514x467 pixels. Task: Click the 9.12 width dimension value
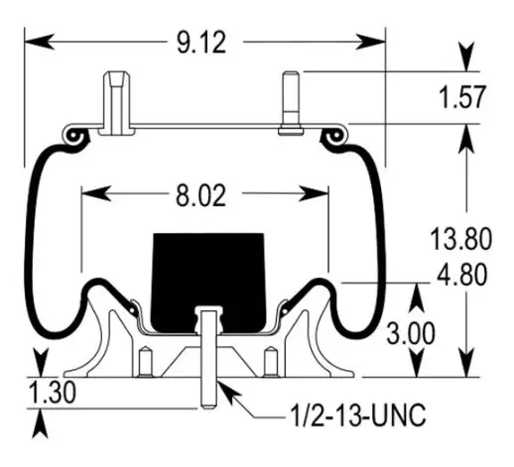pyautogui.click(x=201, y=43)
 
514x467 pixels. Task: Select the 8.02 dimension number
pyautogui.click(x=200, y=196)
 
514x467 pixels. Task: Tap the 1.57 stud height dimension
pyautogui.click(x=462, y=97)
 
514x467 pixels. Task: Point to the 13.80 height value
pyautogui.click(x=460, y=239)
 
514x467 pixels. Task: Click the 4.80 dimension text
pyautogui.click(x=462, y=275)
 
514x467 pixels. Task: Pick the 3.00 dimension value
pyautogui.click(x=411, y=334)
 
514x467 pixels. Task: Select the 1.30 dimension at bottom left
pyautogui.click(x=53, y=393)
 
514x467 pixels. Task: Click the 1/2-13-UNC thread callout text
pyautogui.click(x=358, y=415)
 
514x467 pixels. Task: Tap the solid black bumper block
pyautogui.click(x=208, y=283)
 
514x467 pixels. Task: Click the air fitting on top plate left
pyautogui.click(x=117, y=103)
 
